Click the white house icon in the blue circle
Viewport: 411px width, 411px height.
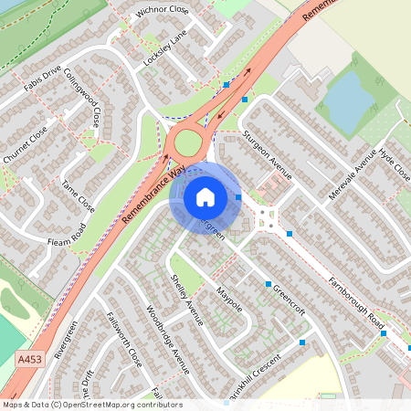click(205, 196)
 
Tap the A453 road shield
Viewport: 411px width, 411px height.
click(28, 362)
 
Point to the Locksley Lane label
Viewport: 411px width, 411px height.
click(164, 51)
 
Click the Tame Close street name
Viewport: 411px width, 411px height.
click(79, 192)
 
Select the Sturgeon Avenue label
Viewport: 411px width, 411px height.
click(267, 153)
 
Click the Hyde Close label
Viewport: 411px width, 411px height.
click(395, 163)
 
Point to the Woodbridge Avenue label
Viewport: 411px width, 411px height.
click(167, 338)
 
